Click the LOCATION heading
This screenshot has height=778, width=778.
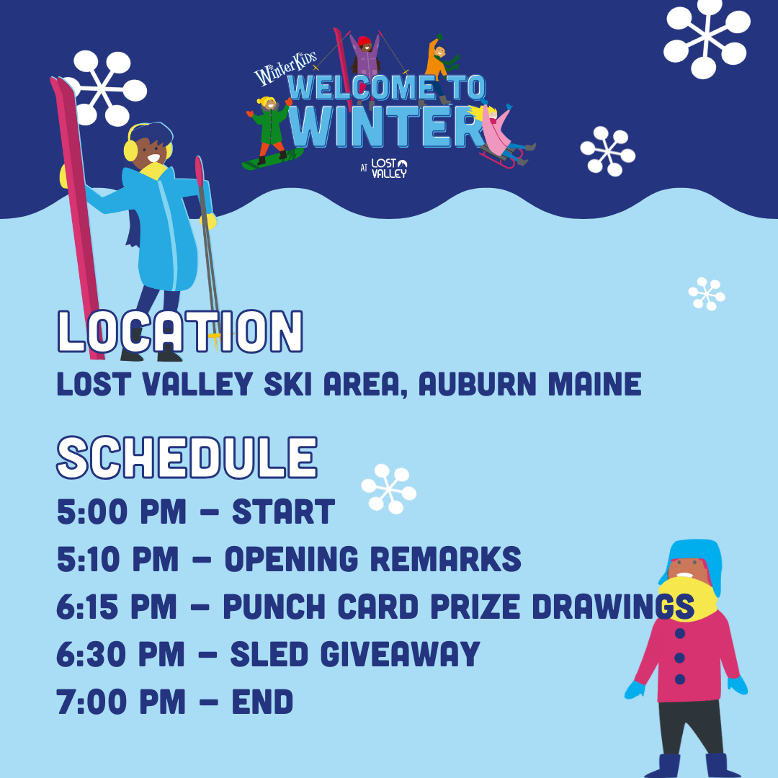180,332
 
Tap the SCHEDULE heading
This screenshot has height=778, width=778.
187,458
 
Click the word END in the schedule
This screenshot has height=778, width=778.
262,702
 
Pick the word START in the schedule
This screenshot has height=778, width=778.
283,512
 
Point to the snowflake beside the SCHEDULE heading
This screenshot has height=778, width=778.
389,488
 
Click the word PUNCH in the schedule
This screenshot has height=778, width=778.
267,607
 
